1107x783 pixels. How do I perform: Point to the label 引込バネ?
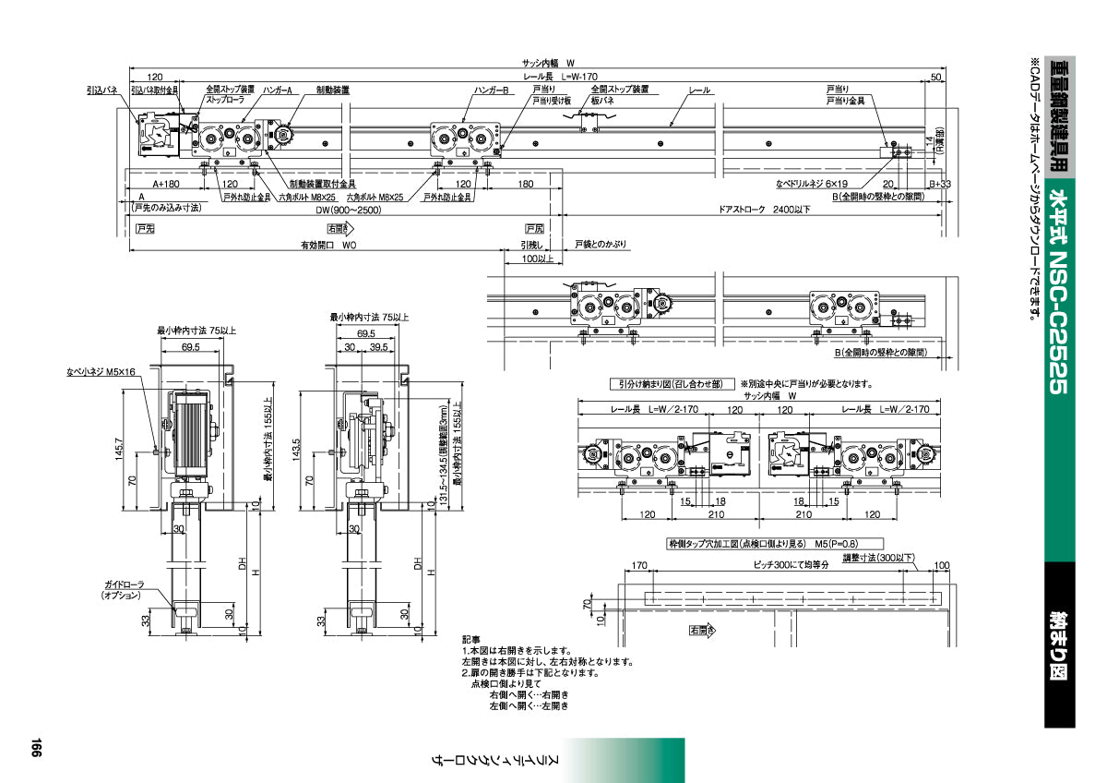tap(101, 90)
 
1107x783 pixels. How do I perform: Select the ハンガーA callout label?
tap(277, 90)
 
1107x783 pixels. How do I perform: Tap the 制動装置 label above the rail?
tap(332, 90)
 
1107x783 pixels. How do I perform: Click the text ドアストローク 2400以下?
tap(765, 210)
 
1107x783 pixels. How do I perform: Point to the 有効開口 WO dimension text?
tap(327, 247)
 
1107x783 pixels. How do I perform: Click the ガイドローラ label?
tap(121, 586)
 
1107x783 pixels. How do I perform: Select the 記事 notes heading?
tap(471, 639)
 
